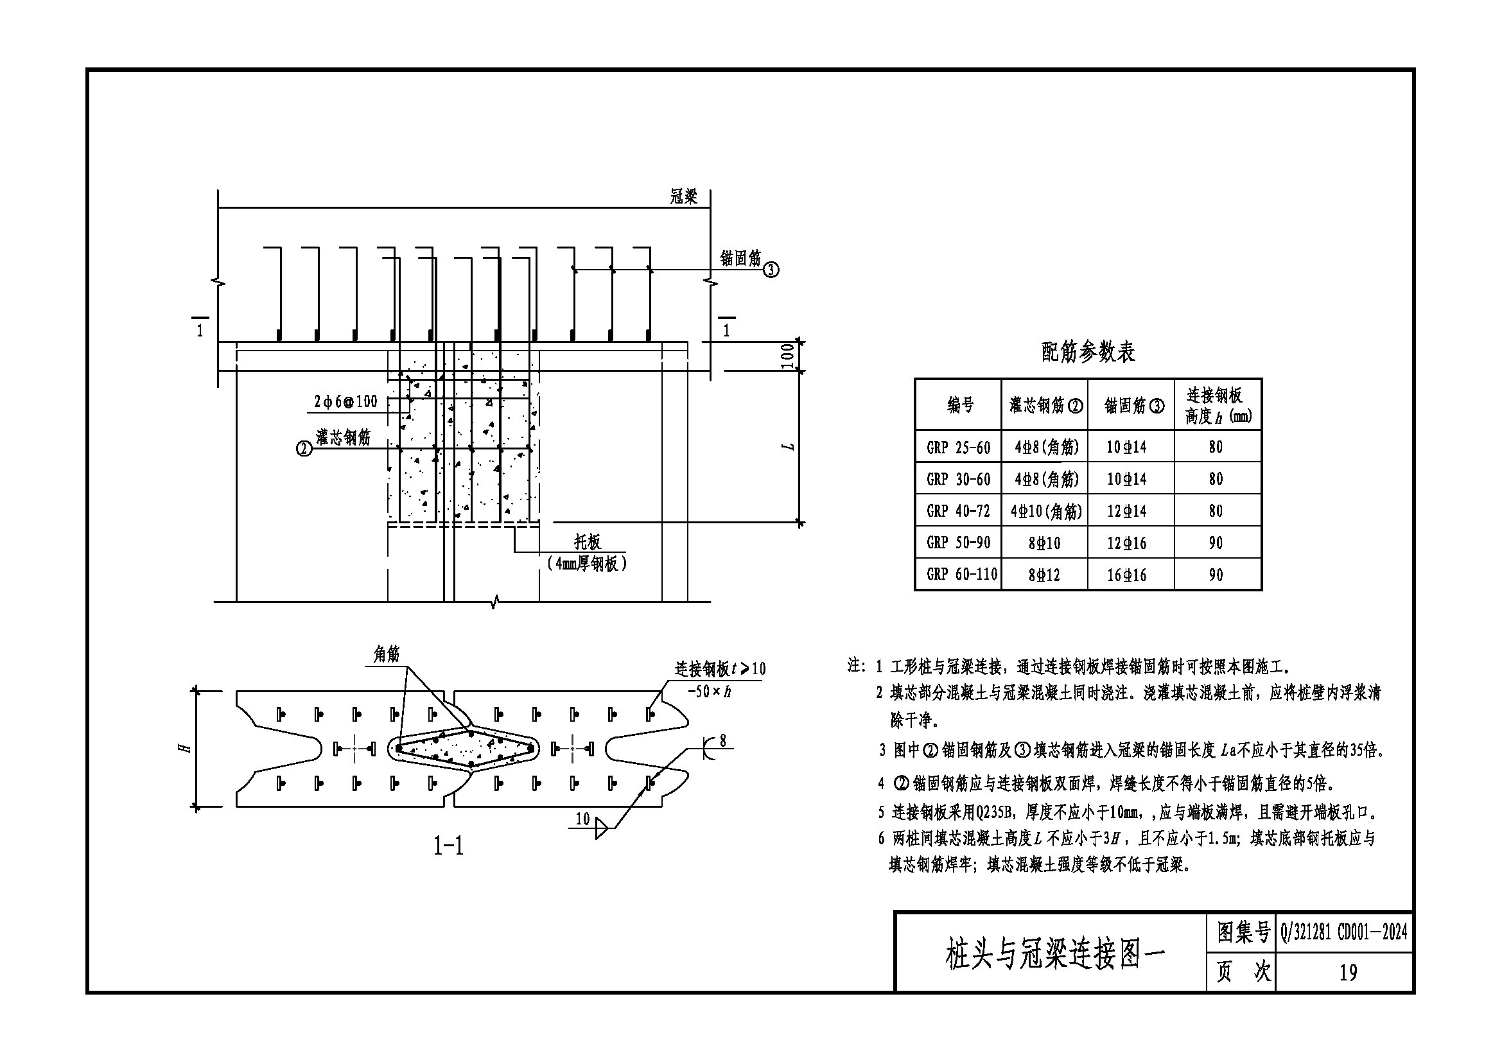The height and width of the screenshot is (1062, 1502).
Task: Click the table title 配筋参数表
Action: tap(1088, 353)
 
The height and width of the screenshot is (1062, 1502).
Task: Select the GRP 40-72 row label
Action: tap(957, 510)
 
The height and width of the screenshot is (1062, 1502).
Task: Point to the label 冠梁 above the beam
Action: tap(684, 196)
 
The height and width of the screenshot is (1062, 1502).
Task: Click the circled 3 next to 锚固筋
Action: tap(771, 269)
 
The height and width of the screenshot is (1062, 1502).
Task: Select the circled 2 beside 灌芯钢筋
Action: tap(304, 449)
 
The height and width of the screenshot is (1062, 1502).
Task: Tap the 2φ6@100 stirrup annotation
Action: tap(345, 401)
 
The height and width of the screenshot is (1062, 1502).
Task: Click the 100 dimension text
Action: tap(788, 356)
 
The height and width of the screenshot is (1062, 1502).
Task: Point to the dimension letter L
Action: tap(789, 447)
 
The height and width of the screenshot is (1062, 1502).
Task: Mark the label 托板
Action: tap(588, 541)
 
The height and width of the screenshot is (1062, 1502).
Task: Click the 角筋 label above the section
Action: tap(386, 653)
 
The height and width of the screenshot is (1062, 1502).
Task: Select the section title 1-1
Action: tap(448, 846)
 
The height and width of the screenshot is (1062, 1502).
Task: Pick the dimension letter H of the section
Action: tap(186, 747)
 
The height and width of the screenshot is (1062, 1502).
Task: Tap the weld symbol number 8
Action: tap(722, 741)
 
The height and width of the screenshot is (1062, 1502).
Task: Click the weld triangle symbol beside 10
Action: tap(600, 830)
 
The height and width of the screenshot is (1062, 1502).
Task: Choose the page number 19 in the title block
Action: tap(1348, 972)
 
